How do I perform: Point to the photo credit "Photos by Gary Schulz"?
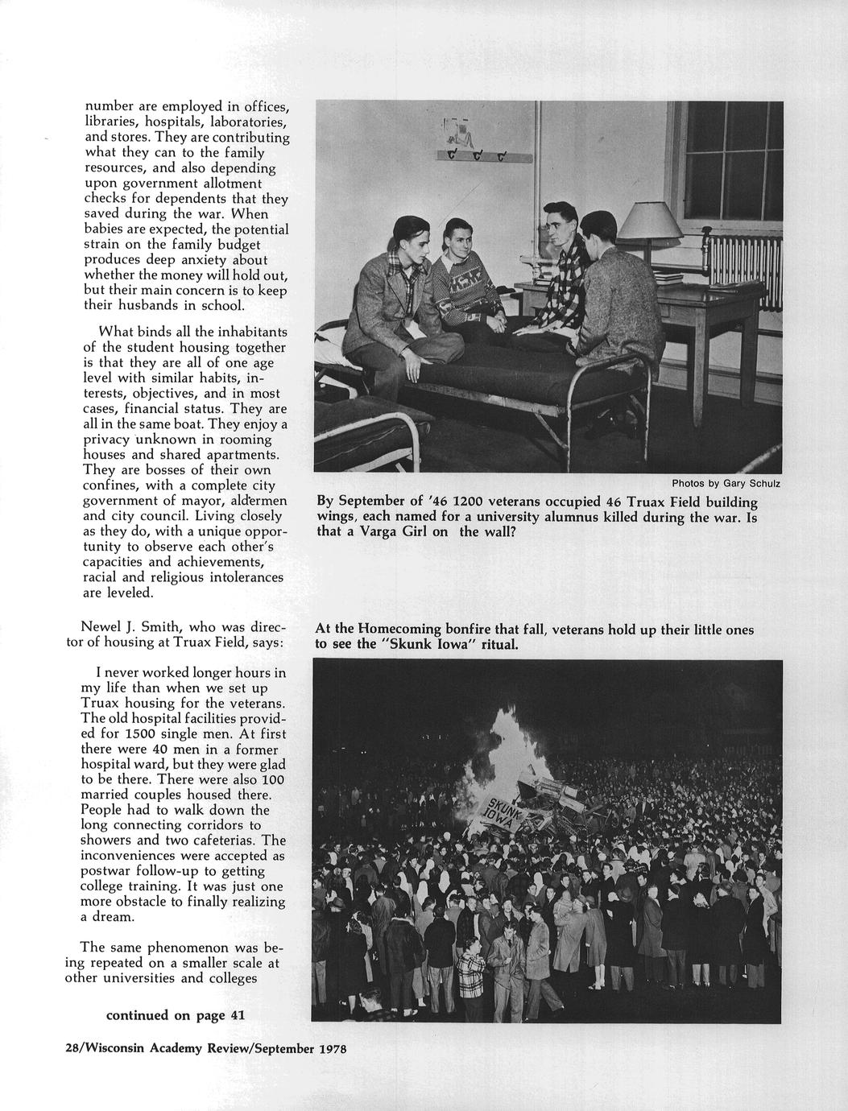(x=726, y=484)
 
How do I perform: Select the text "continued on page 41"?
(x=176, y=1015)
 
